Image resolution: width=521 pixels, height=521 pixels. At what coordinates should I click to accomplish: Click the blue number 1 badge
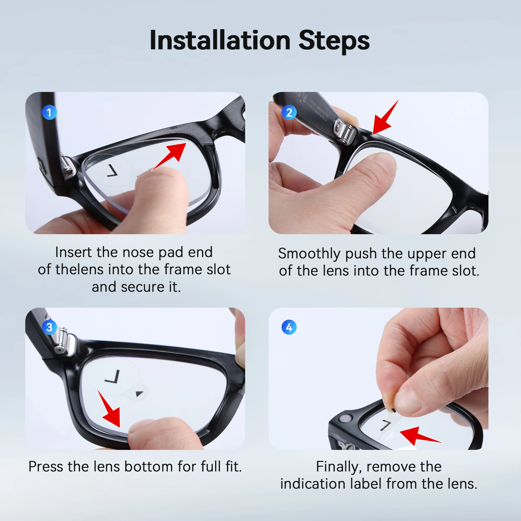click(x=49, y=113)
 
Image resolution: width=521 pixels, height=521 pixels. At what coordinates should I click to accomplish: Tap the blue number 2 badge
click(x=289, y=113)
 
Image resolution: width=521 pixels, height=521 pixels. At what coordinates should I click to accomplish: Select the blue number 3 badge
click(x=49, y=327)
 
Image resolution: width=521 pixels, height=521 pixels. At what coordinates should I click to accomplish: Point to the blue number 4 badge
click(x=289, y=327)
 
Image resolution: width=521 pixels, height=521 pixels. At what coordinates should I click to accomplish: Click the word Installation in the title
click(x=220, y=40)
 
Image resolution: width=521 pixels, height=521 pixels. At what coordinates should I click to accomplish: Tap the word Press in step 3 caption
click(x=45, y=467)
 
